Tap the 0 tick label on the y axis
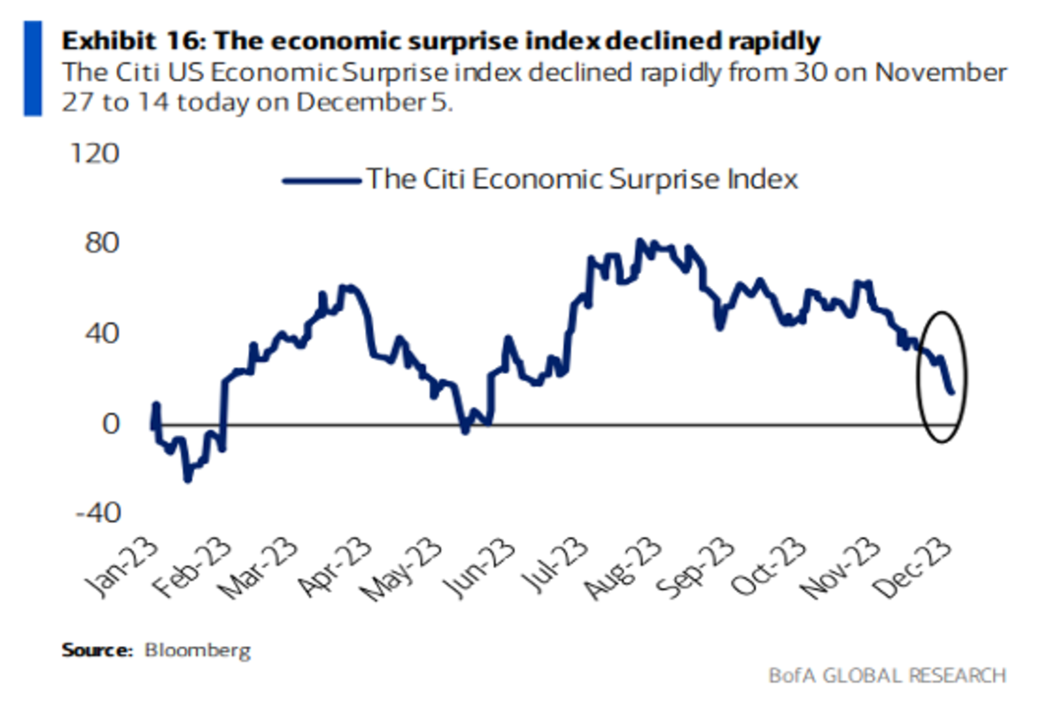pyautogui.click(x=109, y=425)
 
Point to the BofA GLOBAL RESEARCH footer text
pyautogui.click(x=887, y=675)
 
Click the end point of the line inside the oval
pyautogui.click(x=951, y=392)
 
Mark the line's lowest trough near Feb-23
pyautogui.click(x=187, y=479)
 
